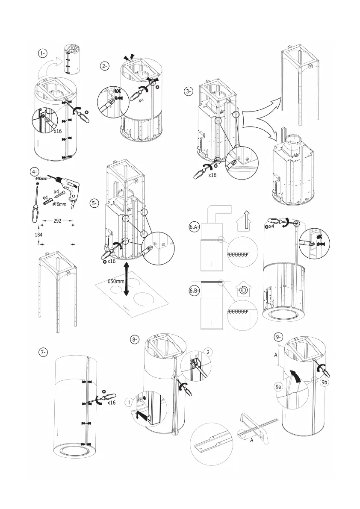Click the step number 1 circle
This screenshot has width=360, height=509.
tap(42, 53)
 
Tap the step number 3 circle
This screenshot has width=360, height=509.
tap(188, 91)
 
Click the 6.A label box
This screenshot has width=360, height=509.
tap(194, 227)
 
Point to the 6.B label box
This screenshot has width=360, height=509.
tap(194, 291)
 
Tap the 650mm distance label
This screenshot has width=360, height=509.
tap(116, 281)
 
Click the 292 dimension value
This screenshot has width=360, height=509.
tap(57, 221)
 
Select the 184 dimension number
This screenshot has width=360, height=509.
tap(38, 234)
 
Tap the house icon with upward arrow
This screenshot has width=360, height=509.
tap(246, 221)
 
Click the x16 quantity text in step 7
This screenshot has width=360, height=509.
tap(111, 403)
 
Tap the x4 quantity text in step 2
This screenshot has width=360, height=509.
tap(141, 100)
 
